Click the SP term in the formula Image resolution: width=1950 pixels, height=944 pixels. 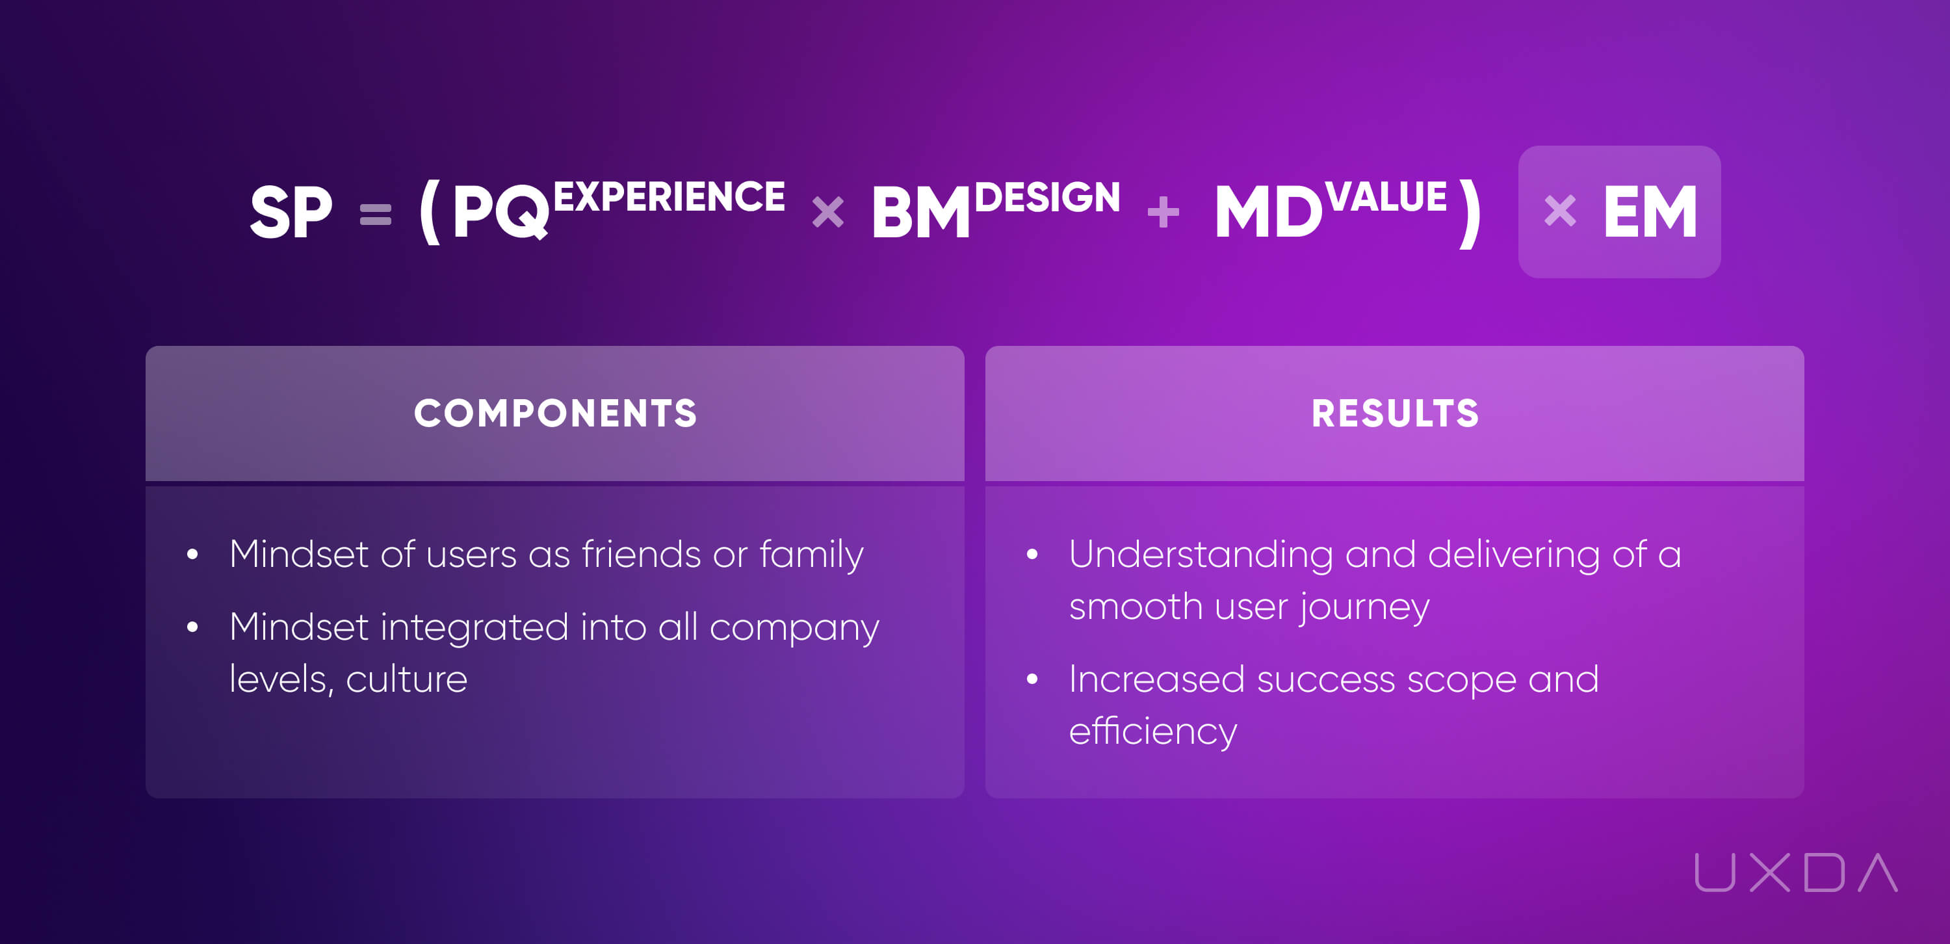[291, 212]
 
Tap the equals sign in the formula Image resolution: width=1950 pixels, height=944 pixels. [376, 215]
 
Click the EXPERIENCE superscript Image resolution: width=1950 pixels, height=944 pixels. [669, 197]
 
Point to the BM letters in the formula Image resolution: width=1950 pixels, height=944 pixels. [920, 213]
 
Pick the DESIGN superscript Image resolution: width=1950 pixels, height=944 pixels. [1048, 197]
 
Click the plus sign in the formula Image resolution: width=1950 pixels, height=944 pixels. [1163, 213]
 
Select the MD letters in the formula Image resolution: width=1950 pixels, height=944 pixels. [1269, 213]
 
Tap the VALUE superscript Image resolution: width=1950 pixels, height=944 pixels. [1386, 197]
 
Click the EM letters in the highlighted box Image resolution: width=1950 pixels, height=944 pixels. [1650, 213]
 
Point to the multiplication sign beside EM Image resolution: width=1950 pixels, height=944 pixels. [1560, 211]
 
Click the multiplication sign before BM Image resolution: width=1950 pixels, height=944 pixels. [828, 212]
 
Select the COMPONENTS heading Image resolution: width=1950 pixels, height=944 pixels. [555, 413]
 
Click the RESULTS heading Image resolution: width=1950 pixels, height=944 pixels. [1395, 413]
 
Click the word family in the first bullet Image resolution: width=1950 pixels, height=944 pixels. [811, 555]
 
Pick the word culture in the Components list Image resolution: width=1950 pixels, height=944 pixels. [406, 679]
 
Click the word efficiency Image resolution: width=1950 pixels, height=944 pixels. [1153, 732]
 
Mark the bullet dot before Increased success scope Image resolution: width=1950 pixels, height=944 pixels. [1032, 679]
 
